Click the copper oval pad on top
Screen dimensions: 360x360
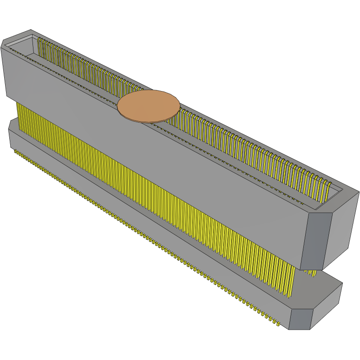pos(148,105)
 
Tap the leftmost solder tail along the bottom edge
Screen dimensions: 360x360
pos(15,151)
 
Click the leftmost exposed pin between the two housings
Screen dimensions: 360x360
pos(19,114)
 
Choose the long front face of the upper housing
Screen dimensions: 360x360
pos(153,153)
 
